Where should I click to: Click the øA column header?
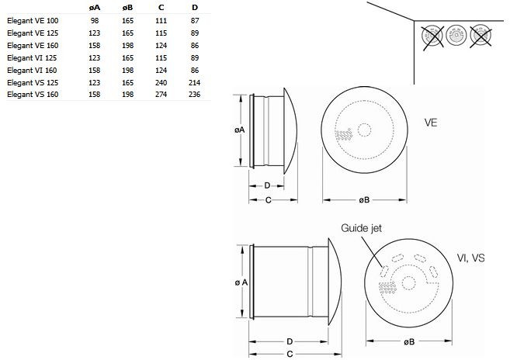tap(95, 8)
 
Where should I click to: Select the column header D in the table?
tap(195, 8)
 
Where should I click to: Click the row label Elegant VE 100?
tap(33, 21)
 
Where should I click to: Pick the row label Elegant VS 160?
tap(33, 95)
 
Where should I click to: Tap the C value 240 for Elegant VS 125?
tap(161, 82)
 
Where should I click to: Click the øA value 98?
tap(95, 21)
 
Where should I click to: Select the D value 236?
tap(195, 95)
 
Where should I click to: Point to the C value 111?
tap(161, 21)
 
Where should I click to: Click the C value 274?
tap(161, 95)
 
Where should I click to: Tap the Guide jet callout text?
tap(361, 228)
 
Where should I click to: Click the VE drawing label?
tap(431, 123)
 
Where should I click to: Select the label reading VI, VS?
tap(470, 258)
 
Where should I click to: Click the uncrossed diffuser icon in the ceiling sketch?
tap(456, 35)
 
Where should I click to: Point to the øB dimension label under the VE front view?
tap(364, 200)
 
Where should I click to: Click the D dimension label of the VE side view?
tap(267, 185)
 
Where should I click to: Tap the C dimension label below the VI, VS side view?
tap(290, 354)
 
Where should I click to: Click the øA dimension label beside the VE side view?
tap(239, 130)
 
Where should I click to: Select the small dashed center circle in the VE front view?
tap(364, 130)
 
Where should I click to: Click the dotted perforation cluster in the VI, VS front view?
tap(387, 288)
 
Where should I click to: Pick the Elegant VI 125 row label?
tap(32, 58)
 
